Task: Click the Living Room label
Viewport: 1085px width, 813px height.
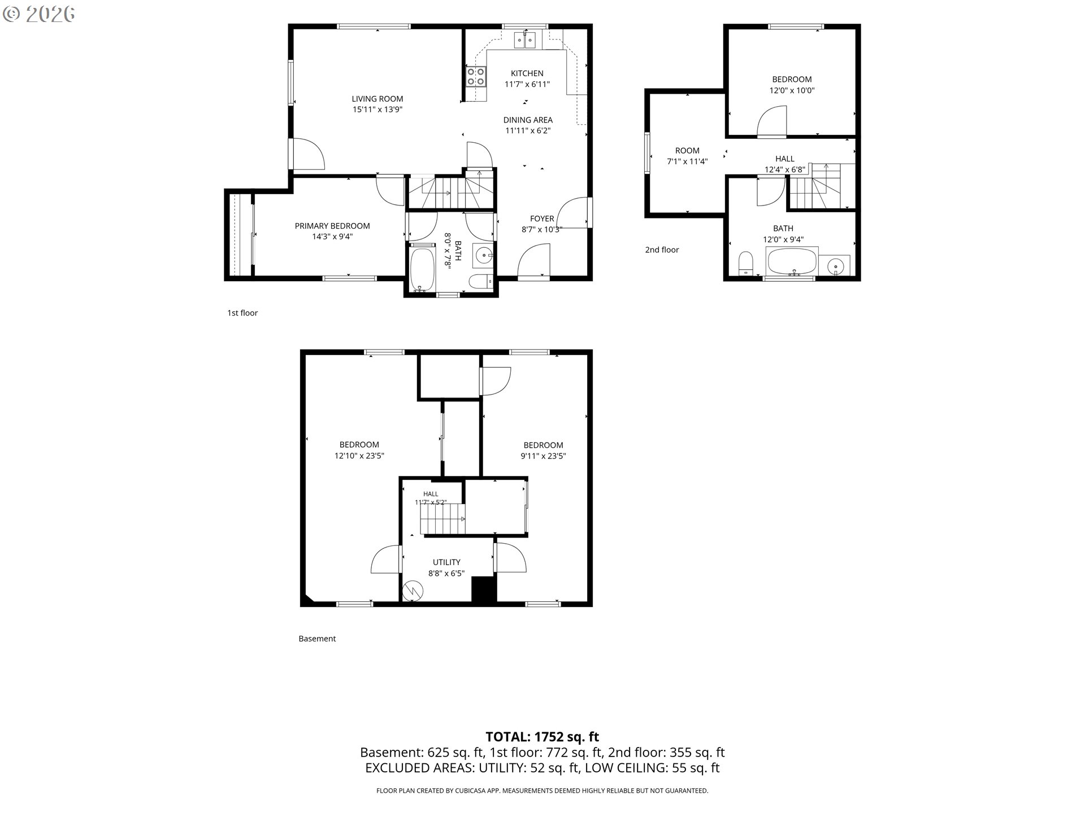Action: (377, 99)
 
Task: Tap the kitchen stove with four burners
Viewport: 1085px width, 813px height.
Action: (476, 77)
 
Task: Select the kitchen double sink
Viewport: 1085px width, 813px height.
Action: (526, 40)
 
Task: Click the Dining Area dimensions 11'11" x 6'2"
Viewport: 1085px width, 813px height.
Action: (528, 130)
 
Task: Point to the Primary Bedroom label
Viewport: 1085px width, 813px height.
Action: (332, 226)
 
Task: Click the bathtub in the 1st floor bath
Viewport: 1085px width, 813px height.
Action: (422, 269)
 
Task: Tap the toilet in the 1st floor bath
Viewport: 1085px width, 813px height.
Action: (482, 281)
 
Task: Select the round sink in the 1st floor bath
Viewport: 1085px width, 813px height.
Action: (484, 256)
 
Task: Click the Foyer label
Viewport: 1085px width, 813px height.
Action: (542, 218)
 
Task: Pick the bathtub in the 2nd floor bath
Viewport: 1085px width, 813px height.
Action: (792, 261)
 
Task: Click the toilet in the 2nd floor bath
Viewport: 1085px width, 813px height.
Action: (746, 264)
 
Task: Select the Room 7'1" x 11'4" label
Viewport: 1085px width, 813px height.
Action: (687, 156)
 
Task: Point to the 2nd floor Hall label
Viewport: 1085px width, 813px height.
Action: (785, 159)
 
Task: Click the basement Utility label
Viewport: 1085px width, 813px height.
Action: (446, 562)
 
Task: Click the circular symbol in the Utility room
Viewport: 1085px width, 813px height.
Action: (413, 591)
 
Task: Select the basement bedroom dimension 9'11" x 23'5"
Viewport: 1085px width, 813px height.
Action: (543, 456)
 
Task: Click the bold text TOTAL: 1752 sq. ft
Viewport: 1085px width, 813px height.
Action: (542, 737)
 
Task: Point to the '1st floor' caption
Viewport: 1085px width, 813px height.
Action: (242, 313)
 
